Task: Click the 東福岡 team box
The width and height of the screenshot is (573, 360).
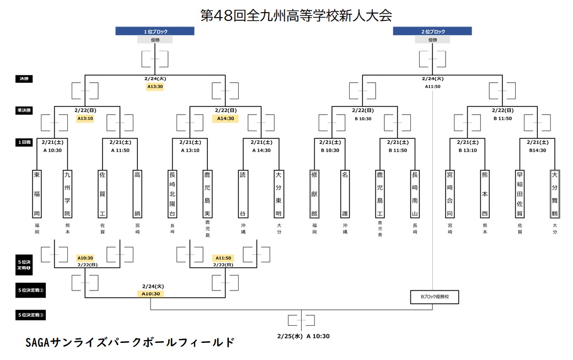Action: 37,194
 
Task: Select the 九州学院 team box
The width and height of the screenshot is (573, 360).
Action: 67,194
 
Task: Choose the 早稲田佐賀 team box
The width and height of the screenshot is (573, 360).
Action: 519,194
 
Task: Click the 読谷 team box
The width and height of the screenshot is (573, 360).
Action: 243,194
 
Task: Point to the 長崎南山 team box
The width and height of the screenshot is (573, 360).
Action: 415,194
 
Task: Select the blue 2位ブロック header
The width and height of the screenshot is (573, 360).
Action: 433,31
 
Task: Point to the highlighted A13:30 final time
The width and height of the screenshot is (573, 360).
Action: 155,87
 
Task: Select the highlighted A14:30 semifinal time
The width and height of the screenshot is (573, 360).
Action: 225,119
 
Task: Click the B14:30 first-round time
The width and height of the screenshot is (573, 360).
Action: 537,150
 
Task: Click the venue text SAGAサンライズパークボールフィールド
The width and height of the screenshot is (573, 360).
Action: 130,342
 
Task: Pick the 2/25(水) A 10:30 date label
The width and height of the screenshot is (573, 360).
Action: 304,336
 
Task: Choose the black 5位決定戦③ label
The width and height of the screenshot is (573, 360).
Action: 31,315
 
